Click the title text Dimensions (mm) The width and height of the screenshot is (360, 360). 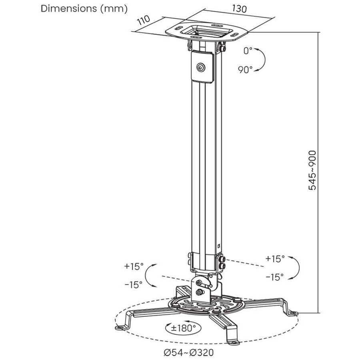pos(84,8)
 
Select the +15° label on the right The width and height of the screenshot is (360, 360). pos(275,259)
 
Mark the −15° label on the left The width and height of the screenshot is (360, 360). pos(133,285)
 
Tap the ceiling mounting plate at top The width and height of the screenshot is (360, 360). pos(206,32)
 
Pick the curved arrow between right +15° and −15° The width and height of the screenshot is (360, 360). pos(296,268)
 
